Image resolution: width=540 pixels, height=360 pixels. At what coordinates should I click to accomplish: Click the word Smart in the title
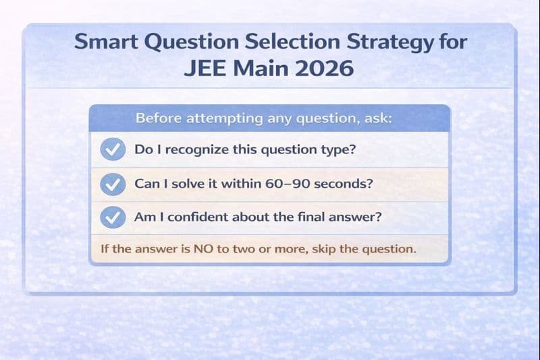101,42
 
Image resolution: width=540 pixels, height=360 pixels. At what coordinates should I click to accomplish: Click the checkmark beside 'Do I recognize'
112,150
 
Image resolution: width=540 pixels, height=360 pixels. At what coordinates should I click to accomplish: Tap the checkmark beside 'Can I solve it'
112,184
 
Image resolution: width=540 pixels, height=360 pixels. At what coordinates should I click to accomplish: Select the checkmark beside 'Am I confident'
112,217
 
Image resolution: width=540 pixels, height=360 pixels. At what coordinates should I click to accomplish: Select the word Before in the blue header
156,118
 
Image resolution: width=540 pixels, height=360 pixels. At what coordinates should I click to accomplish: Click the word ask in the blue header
377,119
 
